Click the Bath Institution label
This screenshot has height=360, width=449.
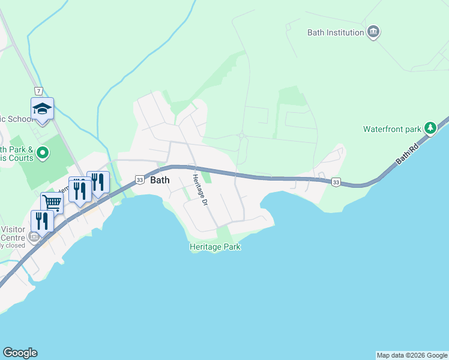(336, 33)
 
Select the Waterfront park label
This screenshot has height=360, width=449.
(392, 129)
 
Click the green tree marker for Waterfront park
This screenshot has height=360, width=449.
(430, 128)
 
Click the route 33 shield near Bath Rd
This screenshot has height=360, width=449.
(336, 182)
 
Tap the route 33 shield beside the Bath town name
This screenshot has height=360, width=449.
(139, 179)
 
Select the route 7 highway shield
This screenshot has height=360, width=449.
(38, 91)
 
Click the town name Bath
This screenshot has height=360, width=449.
(160, 180)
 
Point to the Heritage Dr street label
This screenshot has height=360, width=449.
(199, 191)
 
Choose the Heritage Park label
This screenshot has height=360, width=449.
(215, 247)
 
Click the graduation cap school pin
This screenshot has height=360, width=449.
(42, 109)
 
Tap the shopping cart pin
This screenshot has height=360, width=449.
(52, 203)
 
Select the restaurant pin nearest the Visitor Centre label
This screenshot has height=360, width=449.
(41, 220)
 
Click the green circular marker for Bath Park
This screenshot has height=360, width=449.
(42, 154)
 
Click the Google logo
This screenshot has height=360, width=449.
(20, 353)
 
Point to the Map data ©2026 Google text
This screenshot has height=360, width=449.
(412, 355)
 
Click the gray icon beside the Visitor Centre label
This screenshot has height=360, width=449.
(34, 237)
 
